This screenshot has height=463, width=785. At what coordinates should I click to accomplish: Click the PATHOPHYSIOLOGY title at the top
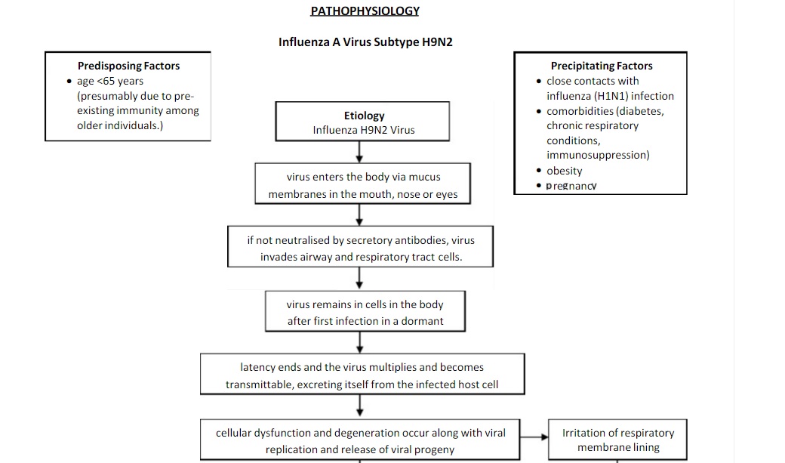365,11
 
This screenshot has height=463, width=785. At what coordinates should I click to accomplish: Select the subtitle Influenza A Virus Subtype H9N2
365,42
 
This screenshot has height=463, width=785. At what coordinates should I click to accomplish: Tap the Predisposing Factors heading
128,66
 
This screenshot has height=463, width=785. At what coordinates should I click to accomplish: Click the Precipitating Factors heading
601,66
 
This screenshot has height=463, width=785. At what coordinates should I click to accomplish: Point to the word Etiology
364,116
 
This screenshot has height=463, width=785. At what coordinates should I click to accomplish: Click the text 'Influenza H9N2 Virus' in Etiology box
364,130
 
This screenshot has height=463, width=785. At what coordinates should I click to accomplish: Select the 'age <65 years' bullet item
109,81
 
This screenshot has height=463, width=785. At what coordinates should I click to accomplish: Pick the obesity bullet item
564,171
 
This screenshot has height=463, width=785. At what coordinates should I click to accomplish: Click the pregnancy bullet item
571,186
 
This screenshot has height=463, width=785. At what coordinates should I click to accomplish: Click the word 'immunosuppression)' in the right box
598,155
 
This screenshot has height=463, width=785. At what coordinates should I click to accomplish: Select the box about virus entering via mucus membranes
363,185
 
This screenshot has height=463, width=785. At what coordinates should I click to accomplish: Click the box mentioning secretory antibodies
361,248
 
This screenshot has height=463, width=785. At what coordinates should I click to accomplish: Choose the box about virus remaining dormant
365,312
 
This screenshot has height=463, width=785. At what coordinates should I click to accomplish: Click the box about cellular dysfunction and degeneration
360,441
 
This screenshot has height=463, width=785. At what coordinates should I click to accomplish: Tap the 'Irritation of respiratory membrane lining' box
617,440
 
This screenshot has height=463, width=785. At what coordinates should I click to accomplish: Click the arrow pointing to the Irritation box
533,437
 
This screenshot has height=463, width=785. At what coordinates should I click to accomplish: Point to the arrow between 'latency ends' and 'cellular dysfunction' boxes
360,407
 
